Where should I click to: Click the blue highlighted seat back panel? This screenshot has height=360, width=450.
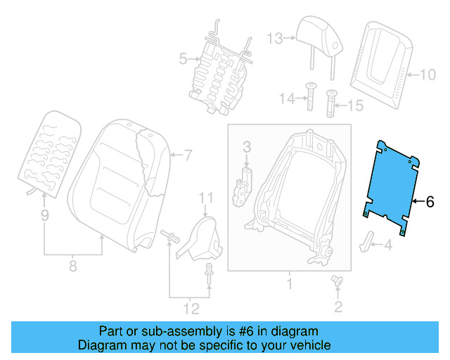coord(390,184)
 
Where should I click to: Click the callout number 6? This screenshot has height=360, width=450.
coord(431,202)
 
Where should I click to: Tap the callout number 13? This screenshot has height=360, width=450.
coord(274,38)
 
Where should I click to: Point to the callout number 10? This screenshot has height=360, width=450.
coord(427,73)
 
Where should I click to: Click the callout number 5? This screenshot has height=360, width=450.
coord(182,59)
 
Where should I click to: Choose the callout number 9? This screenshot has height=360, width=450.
coord(44,216)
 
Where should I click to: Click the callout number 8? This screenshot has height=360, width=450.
coord(72,266)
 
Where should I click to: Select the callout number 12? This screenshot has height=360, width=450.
coord(191,308)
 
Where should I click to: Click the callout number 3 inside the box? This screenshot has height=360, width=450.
coord(247,147)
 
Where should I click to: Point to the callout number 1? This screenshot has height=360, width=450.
coord(288,285)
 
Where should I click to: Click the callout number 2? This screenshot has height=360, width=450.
coord(337,306)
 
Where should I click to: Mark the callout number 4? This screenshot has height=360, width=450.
coord(387,245)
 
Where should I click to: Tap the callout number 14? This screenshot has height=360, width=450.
coord(284,99)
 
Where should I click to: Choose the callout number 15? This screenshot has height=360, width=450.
coord(356,106)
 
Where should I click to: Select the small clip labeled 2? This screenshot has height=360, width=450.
coord(337,282)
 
